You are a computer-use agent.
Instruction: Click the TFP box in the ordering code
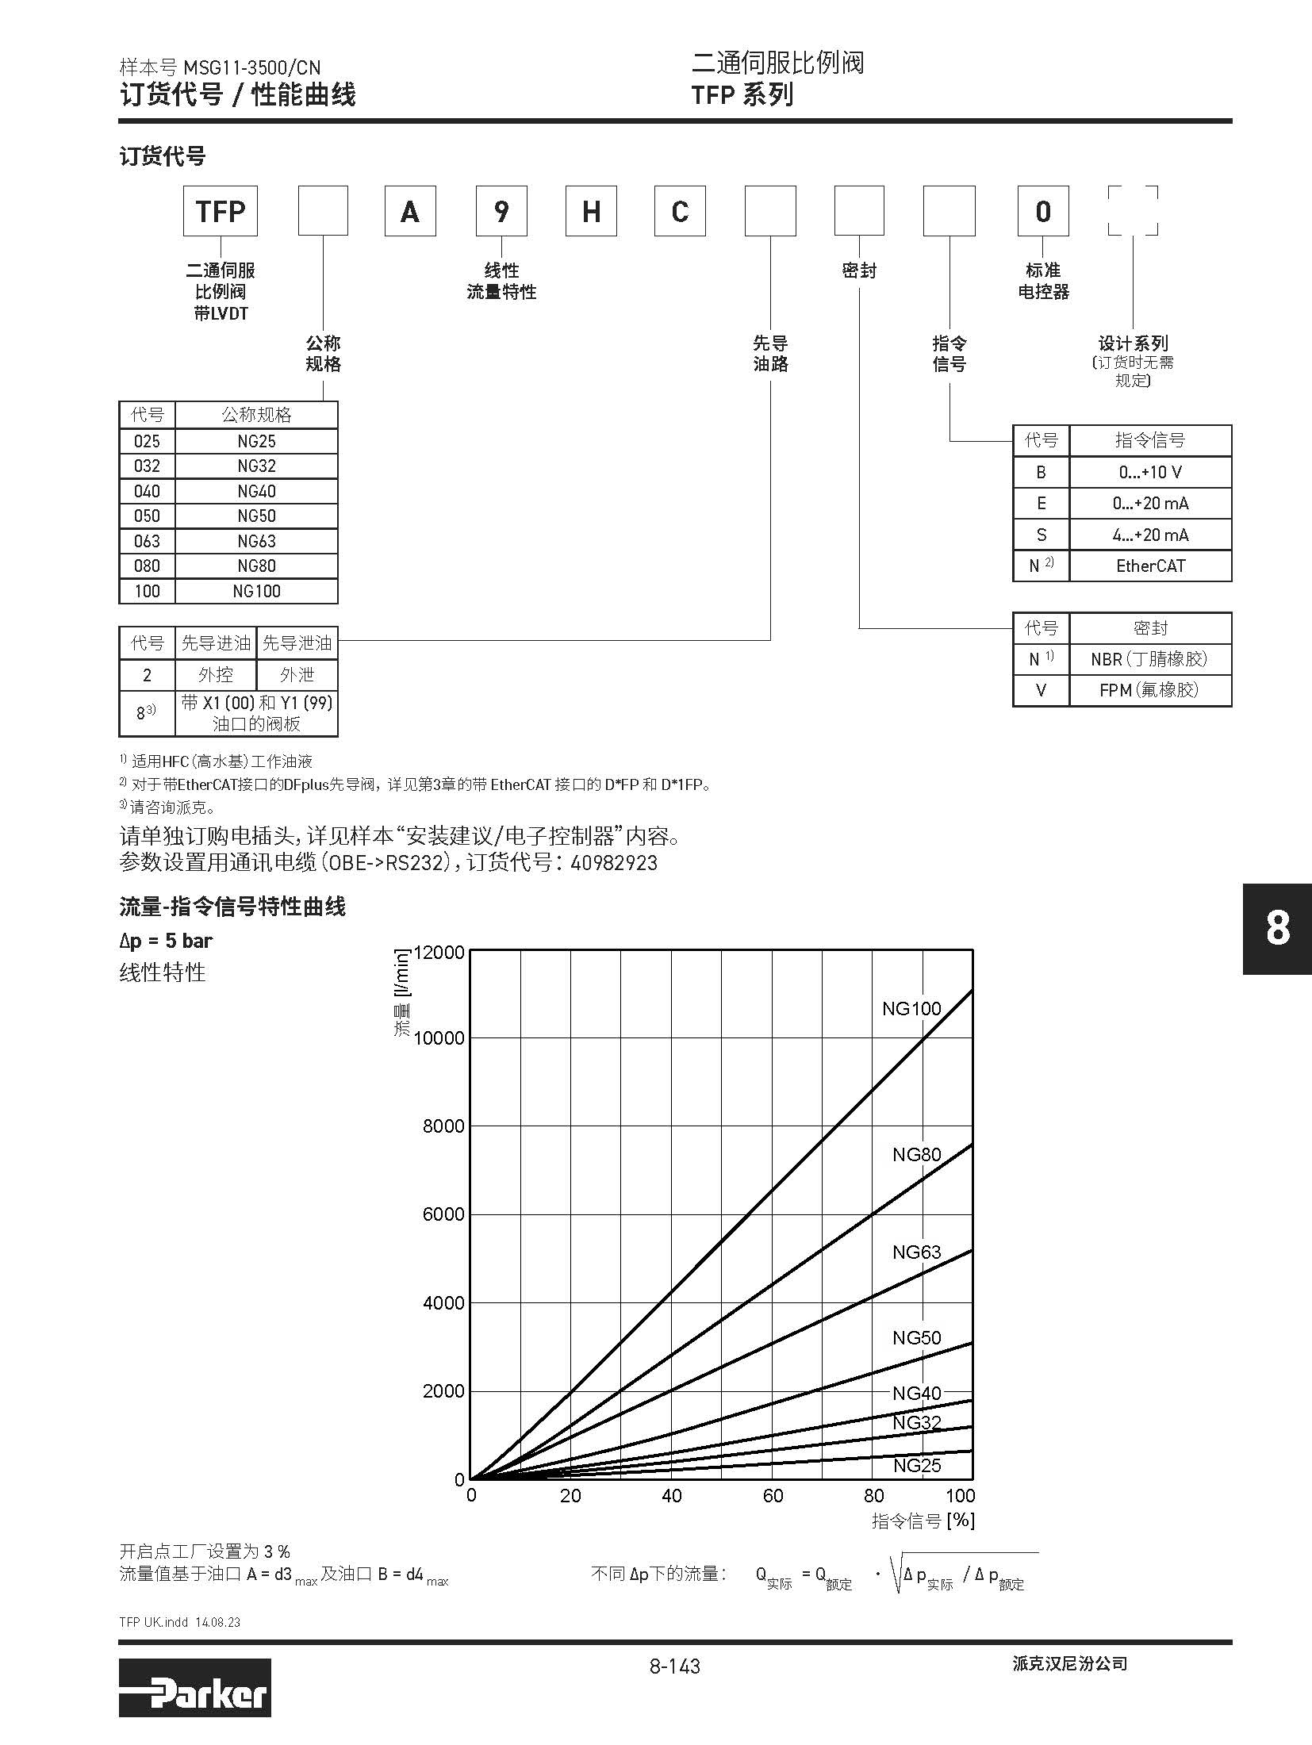pos(221,211)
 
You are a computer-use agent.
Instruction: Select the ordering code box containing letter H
pos(591,211)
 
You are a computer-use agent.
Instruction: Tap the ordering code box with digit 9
pos(501,211)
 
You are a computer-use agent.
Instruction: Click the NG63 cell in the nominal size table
pos(256,541)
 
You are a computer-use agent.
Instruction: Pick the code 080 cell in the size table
pos(147,566)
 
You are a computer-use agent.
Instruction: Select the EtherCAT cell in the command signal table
pos(1150,566)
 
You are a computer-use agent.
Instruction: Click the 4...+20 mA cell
pos(1150,535)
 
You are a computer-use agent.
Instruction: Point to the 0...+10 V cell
pos(1150,472)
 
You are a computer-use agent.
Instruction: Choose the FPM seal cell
pos(1149,690)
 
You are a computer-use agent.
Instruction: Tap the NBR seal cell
pos(1149,659)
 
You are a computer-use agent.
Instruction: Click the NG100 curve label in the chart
pos(911,1009)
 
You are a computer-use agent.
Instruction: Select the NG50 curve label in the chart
pos(916,1338)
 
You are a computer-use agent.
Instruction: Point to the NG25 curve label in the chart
pos(917,1465)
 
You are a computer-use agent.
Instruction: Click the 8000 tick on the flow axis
pos(443,1126)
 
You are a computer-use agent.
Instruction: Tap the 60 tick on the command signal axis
pos(773,1496)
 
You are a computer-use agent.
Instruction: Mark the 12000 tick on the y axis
pos(439,952)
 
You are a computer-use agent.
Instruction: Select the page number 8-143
pos(674,1666)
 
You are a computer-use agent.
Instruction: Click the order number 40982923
pos(614,863)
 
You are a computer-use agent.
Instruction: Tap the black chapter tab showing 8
pos(1277,928)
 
